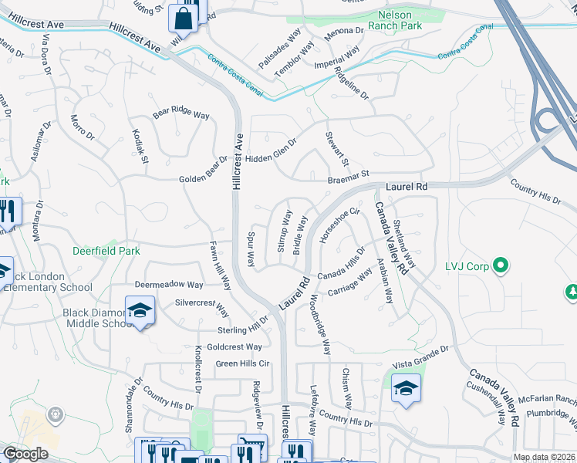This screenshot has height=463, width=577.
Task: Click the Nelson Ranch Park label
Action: pyautogui.click(x=401, y=20)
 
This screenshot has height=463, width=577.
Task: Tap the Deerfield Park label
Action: pyautogui.click(x=106, y=251)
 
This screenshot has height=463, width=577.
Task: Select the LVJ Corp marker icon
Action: pyautogui.click(x=501, y=267)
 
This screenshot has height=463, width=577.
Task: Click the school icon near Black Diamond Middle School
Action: pyautogui.click(x=140, y=311)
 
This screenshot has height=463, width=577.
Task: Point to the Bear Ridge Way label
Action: pyautogui.click(x=181, y=113)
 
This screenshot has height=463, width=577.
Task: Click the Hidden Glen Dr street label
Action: pyautogui.click(x=272, y=150)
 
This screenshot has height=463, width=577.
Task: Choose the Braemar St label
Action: pyautogui.click(x=349, y=176)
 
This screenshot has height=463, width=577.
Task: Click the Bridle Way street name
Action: pyautogui.click(x=300, y=235)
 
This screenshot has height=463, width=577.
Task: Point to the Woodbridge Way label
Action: pyautogui.click(x=320, y=324)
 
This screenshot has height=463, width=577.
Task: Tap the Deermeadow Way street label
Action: pyautogui.click(x=169, y=285)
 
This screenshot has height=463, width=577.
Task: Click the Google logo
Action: pyautogui.click(x=25, y=453)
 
